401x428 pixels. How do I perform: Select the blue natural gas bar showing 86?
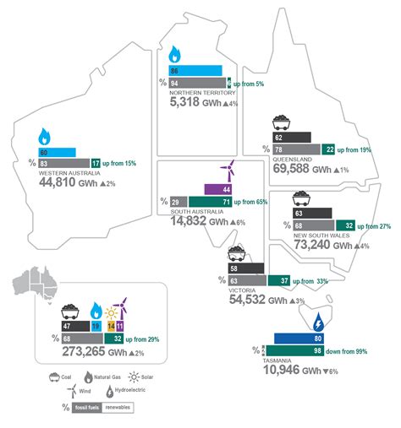[195, 71]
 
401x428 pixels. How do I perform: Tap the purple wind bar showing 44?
[217, 189]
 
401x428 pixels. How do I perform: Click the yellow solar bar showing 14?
[110, 326]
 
